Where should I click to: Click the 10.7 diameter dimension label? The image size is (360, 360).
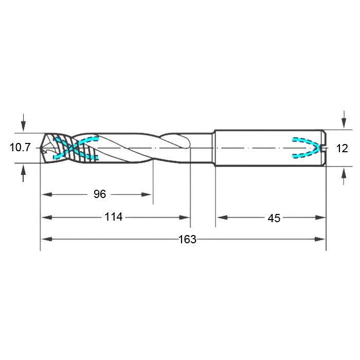coord(20,147)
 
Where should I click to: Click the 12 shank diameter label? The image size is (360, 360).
coord(342,148)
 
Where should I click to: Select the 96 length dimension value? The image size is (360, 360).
coord(100,194)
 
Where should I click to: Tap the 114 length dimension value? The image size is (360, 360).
coord(114,217)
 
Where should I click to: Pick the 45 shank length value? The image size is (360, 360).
coord(274,218)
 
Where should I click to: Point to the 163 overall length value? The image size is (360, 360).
coord(187,240)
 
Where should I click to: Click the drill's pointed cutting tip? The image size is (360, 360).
coord(40,148)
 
